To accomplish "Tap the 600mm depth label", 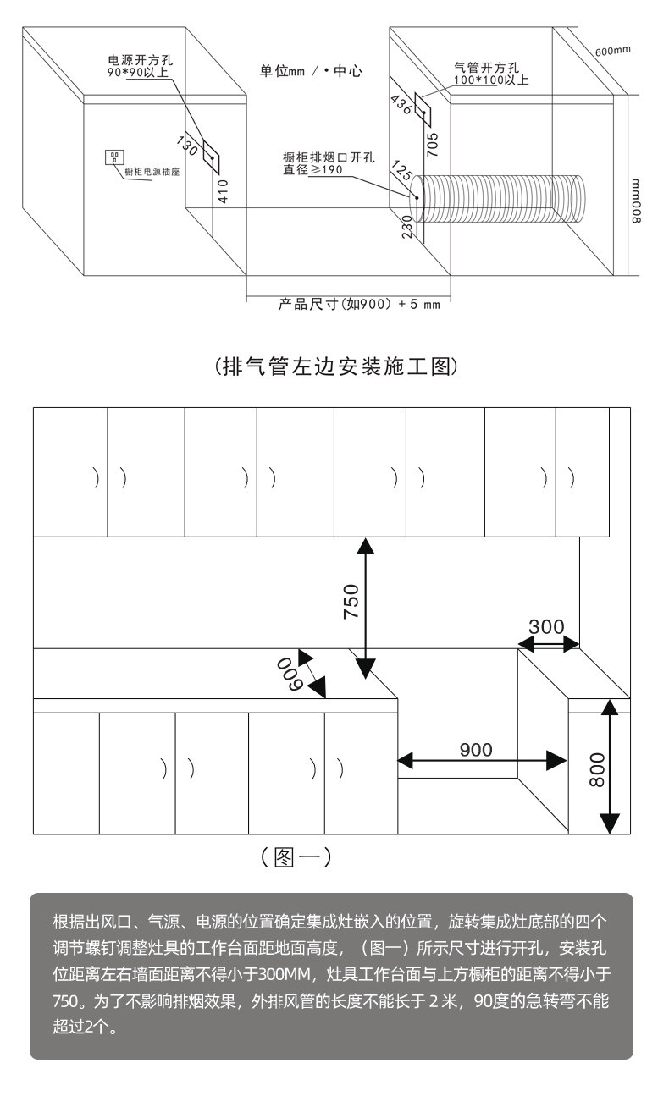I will tap(612, 51).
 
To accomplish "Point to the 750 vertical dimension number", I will tap(351, 601).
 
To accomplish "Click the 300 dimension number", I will tap(546, 626).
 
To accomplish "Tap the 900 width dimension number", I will tap(475, 749).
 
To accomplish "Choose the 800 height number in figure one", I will tap(597, 770).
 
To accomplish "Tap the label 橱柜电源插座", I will tap(152, 172).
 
